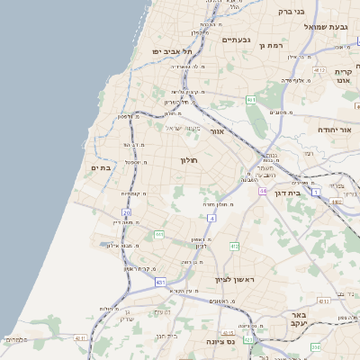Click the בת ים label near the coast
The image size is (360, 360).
[x=100, y=167]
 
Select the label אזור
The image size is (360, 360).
[x=217, y=132]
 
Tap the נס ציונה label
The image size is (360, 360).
[x=220, y=341]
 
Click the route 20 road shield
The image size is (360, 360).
[x=127, y=213]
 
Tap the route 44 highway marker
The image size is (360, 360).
[x=262, y=192]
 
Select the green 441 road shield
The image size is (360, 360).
[x=158, y=235]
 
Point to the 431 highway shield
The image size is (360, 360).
[x=160, y=283]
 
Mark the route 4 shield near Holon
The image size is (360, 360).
[x=211, y=218]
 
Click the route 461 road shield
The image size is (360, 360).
[x=319, y=69]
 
